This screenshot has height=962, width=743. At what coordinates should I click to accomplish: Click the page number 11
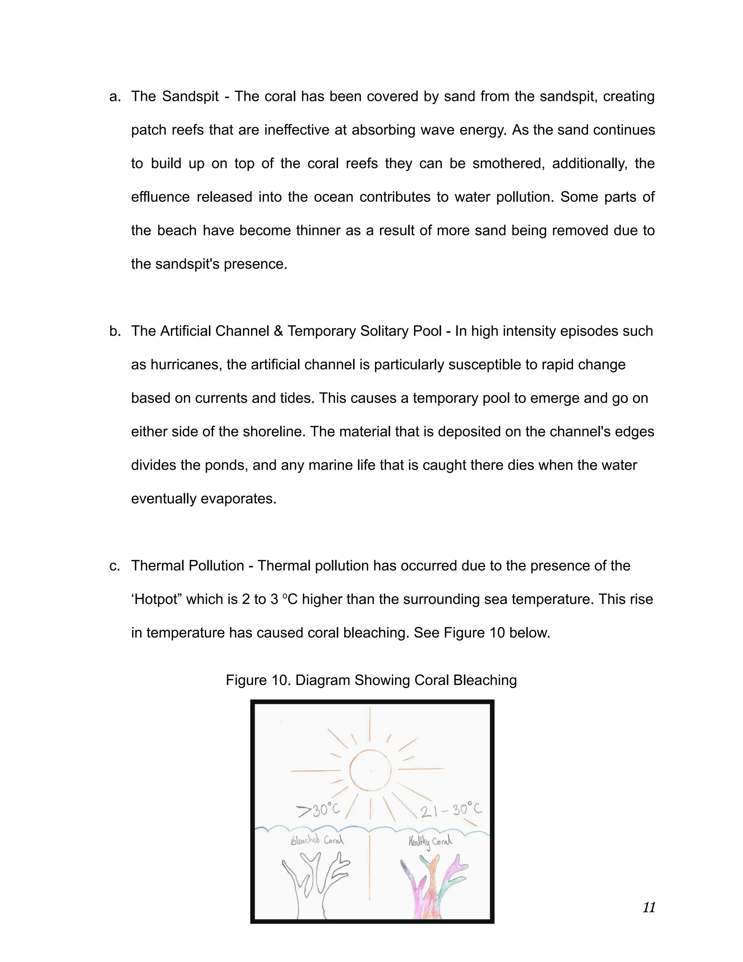[649, 908]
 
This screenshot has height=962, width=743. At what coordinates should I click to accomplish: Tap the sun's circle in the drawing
[370, 770]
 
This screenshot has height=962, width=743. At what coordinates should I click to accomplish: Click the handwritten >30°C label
[318, 810]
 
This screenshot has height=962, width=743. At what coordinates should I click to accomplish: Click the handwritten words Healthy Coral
[430, 841]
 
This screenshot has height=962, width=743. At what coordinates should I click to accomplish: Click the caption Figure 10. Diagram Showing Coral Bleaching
[371, 680]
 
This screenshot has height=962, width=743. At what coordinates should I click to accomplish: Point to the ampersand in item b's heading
[278, 331]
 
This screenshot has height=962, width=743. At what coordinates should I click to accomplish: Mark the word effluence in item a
[161, 197]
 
